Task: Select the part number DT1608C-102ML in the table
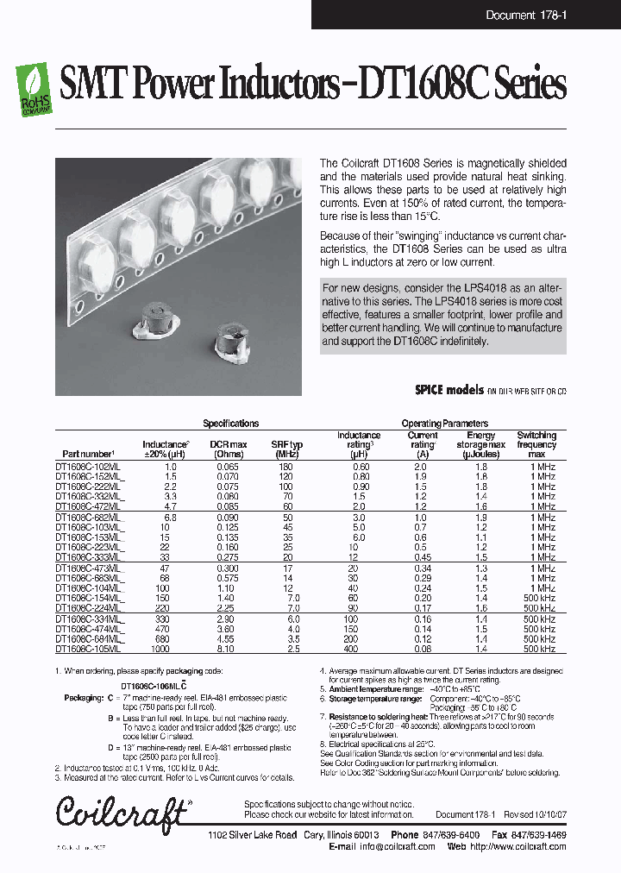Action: tap(89, 466)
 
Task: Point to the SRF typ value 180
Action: tap(285, 466)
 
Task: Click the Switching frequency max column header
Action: tap(536, 443)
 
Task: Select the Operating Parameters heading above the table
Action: tap(444, 424)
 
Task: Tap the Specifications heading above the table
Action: tap(230, 424)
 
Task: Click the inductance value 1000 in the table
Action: tap(160, 650)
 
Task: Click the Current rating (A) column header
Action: tap(423, 443)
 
